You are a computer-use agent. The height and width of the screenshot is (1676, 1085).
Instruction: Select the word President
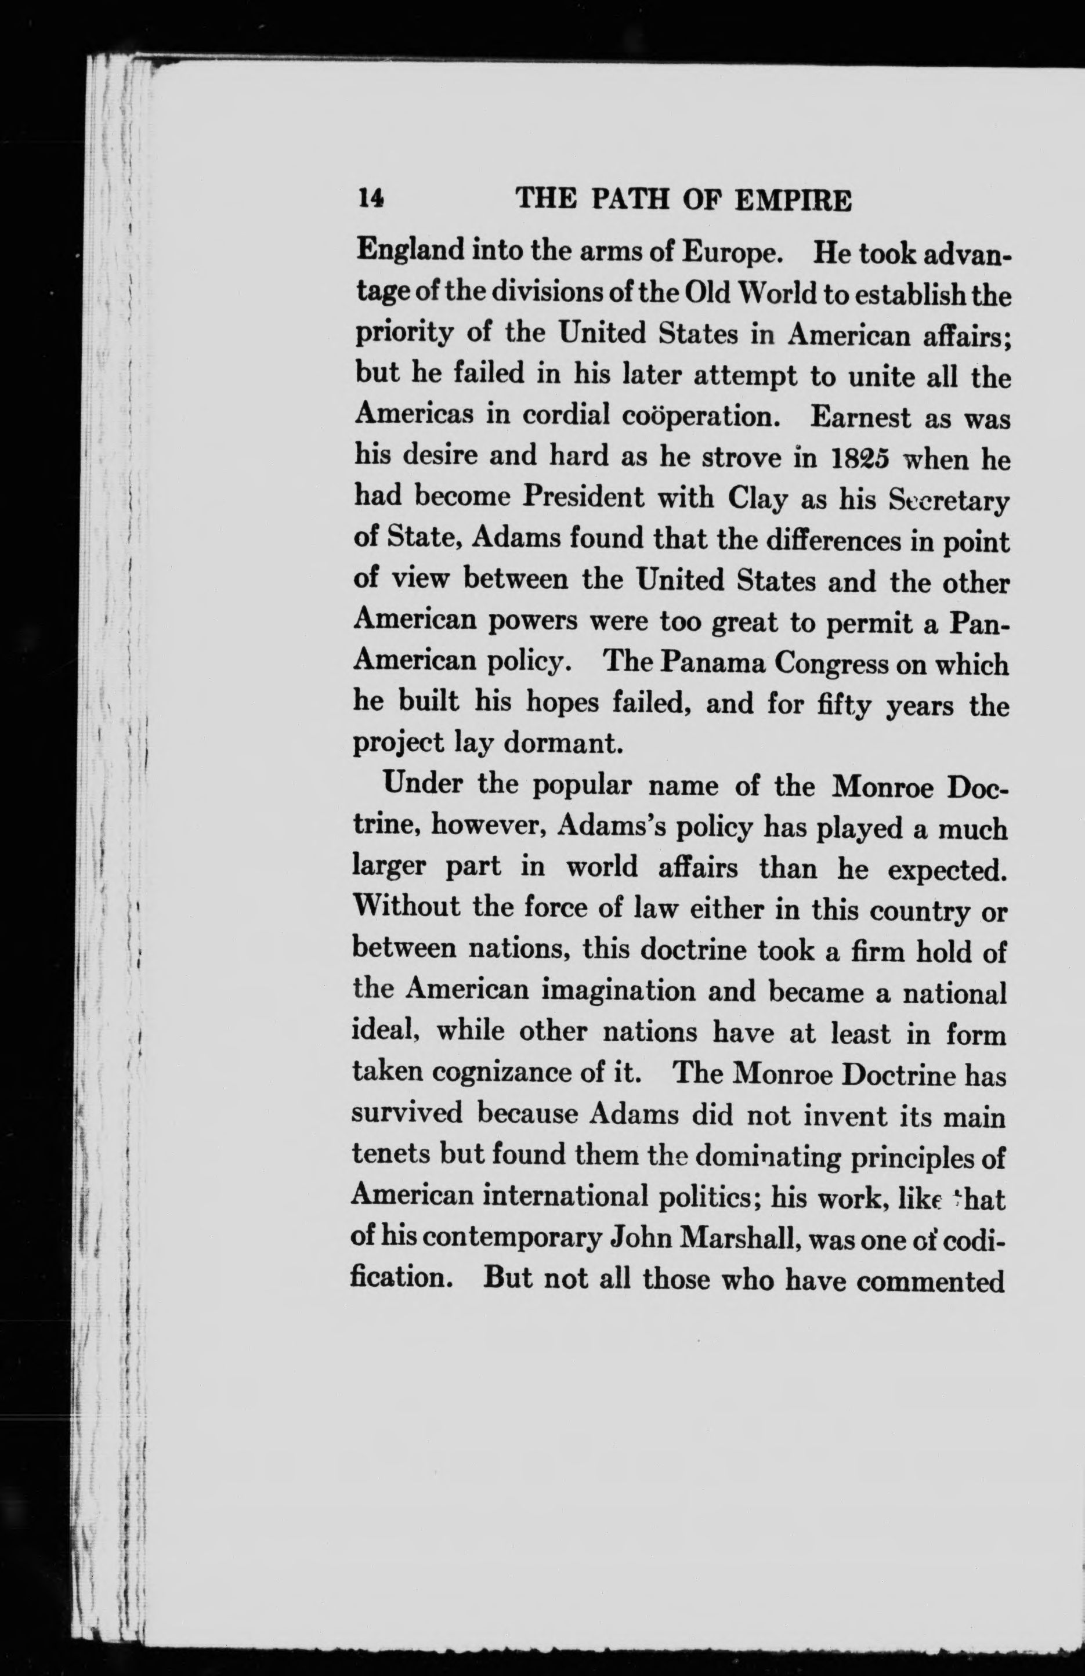[x=583, y=498]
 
